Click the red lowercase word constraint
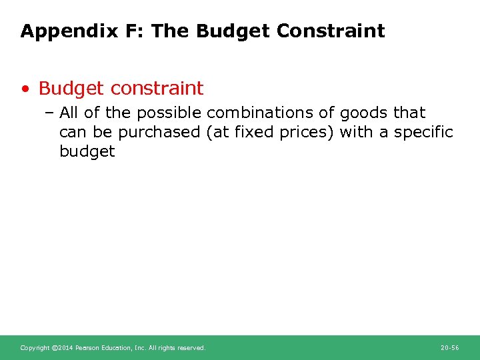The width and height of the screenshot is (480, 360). pos(157,88)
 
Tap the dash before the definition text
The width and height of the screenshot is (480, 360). pos(52,113)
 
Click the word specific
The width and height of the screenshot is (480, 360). pos(423,132)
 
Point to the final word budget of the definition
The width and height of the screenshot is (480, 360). pos(87,151)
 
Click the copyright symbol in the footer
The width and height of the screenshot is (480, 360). pos(55,348)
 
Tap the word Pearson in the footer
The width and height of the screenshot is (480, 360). pos(87,348)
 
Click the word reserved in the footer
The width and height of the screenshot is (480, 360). pos(193,348)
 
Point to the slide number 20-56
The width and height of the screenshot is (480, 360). pos(449,348)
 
